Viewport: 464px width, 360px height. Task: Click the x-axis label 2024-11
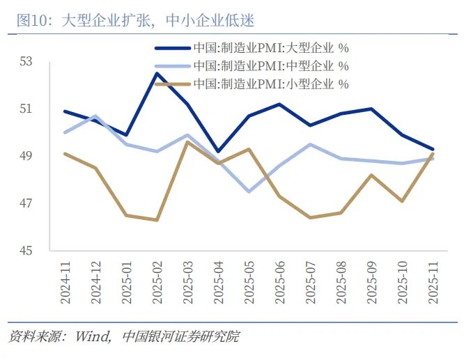coord(65,281)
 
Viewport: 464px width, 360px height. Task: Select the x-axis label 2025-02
coord(157,281)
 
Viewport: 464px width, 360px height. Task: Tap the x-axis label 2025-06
coord(280,281)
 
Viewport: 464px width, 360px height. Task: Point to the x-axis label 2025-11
coord(433,281)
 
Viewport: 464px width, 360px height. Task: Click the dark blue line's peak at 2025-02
coord(157,73)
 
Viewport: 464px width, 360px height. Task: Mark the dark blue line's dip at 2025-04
coord(218,151)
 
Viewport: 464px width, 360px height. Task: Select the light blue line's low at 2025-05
coord(249,191)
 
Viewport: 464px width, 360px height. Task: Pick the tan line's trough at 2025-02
coord(157,220)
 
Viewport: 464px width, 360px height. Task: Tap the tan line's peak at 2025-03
coord(187,142)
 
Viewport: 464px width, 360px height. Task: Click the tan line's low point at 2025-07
coord(310,217)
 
